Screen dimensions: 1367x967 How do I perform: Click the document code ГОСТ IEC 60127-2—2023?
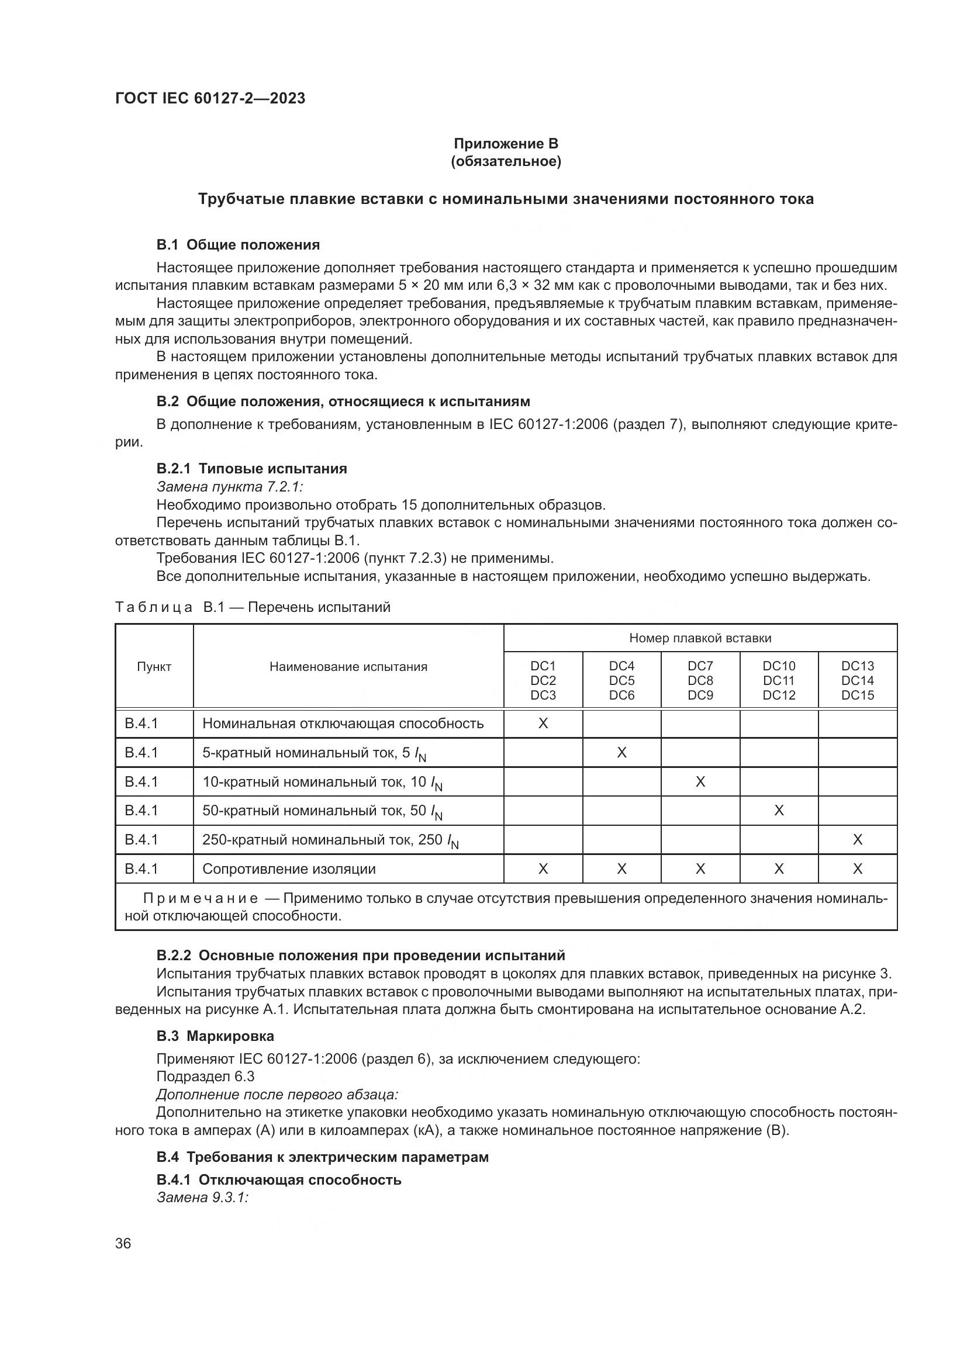coord(210,98)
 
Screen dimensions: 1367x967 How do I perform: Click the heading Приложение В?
coord(506,144)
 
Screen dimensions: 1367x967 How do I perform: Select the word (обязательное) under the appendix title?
coord(506,161)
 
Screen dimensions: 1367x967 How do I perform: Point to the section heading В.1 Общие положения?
coord(238,245)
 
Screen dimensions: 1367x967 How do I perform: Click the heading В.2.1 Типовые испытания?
coord(252,469)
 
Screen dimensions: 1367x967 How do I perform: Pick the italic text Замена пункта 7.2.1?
coord(230,486)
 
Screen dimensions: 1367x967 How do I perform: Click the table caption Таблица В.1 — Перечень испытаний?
coord(253,607)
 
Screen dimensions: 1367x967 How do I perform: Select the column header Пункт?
coord(154,667)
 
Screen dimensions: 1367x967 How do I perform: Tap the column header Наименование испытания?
coord(348,667)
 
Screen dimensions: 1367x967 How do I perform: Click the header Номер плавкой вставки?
coord(700,638)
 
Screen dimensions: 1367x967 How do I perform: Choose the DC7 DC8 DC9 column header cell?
coord(700,680)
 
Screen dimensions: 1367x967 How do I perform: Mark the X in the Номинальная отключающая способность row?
coord(543,724)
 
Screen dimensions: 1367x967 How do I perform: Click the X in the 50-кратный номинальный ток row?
coord(779,810)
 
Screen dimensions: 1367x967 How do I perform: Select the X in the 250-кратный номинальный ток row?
coord(858,839)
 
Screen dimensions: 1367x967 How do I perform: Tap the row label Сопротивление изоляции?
coord(289,868)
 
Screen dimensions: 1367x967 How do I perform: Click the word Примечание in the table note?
coord(201,898)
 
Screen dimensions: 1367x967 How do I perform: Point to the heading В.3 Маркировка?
coord(216,1036)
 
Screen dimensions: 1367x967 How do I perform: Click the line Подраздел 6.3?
coord(205,1077)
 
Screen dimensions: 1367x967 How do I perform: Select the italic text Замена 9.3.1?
coord(202,1198)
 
